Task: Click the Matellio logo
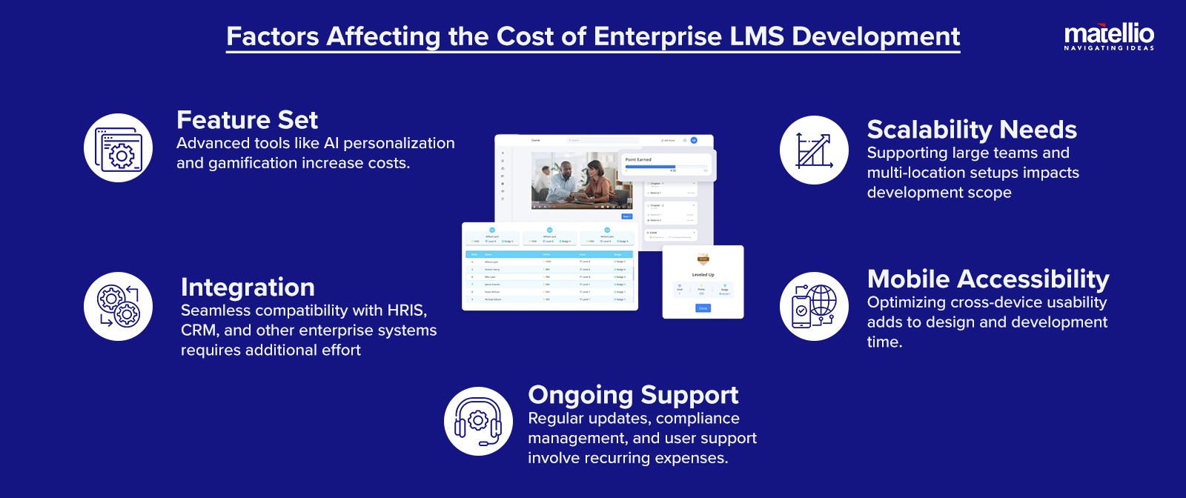point(1109,36)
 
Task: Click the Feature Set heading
point(247,120)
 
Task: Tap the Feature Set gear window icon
point(118,148)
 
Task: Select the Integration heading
point(248,288)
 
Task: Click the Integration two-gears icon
point(118,307)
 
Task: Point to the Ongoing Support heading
point(633,395)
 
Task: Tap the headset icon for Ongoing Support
point(478,422)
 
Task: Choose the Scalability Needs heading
point(972,130)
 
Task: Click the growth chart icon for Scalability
point(814,150)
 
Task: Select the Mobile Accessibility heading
point(988,279)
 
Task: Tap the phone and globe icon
point(814,307)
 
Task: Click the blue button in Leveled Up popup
point(703,308)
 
